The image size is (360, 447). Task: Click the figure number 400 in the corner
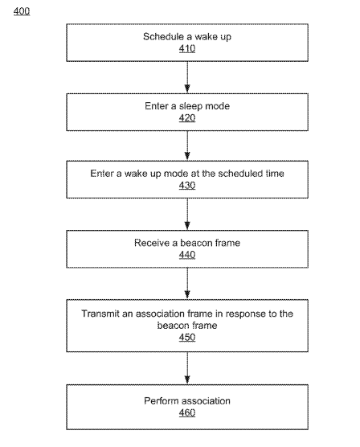pyautogui.click(x=22, y=11)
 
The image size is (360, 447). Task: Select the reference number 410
pyautogui.click(x=187, y=48)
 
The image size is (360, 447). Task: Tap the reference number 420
pyautogui.click(x=187, y=118)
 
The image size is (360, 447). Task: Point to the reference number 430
pyautogui.click(x=187, y=185)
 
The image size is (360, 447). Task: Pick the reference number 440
pyautogui.click(x=187, y=255)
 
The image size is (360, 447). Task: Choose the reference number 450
pyautogui.click(x=187, y=337)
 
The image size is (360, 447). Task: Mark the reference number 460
pyautogui.click(x=187, y=412)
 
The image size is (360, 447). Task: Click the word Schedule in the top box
pyautogui.click(x=163, y=36)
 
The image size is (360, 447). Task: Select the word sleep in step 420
pyautogui.click(x=190, y=106)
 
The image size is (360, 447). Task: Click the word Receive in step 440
pyautogui.click(x=152, y=243)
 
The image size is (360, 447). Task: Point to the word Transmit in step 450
pyautogui.click(x=100, y=314)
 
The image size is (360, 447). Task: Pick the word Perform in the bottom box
pyautogui.click(x=160, y=401)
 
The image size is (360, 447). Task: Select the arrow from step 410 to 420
pyautogui.click(x=187, y=77)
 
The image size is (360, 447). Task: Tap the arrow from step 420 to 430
pyautogui.click(x=187, y=146)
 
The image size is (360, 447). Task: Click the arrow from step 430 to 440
pyautogui.click(x=187, y=214)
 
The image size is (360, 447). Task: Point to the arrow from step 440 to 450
pyautogui.click(x=187, y=283)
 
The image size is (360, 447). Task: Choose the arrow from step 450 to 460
pyautogui.click(x=187, y=368)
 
